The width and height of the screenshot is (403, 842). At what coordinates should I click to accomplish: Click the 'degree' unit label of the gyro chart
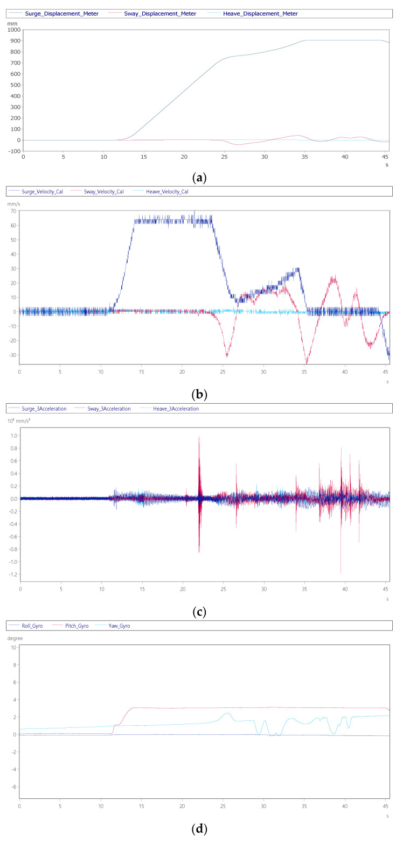16,638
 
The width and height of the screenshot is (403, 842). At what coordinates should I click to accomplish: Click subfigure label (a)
201,176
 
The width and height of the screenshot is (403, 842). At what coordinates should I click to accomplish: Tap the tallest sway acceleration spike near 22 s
199,437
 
